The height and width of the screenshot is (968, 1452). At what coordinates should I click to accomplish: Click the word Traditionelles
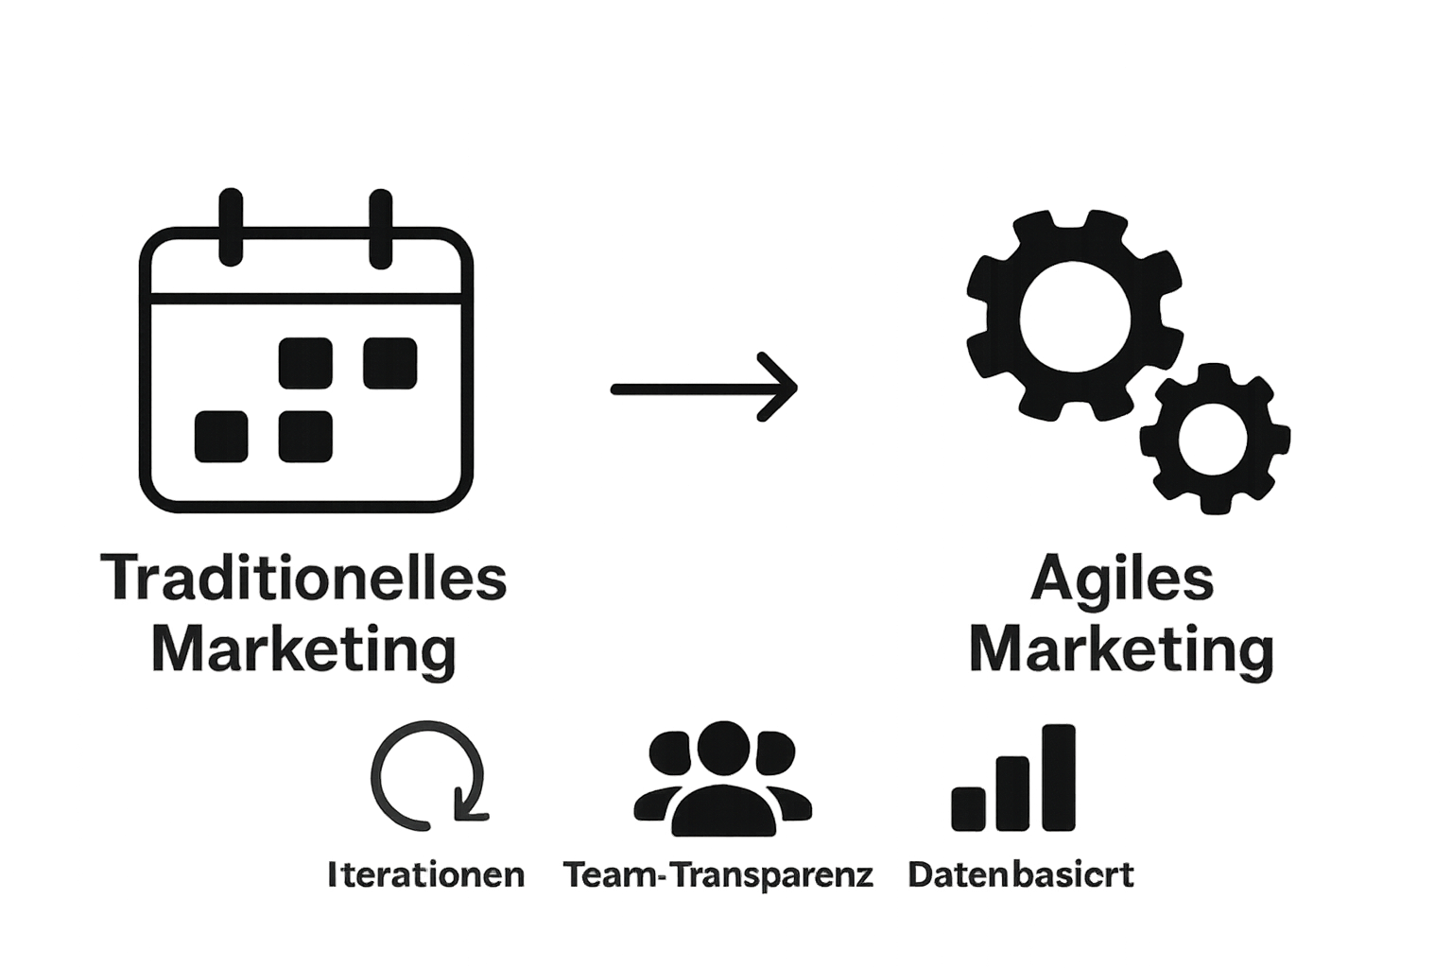coord(303,579)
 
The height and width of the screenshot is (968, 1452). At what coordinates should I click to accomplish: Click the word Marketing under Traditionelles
coord(303,650)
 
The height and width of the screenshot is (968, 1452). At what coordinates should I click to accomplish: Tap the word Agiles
coord(1122,579)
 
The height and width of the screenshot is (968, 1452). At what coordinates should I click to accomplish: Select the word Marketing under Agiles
coord(1122,650)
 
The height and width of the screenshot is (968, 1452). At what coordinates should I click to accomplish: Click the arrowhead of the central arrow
coord(783,388)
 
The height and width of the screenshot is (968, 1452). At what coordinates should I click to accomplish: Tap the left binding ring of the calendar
coord(231,227)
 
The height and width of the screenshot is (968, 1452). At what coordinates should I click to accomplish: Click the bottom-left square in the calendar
coord(221,437)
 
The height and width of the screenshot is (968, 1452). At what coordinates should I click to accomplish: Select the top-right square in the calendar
coord(390,363)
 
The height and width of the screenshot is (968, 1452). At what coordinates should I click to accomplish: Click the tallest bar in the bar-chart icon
coord(1059,777)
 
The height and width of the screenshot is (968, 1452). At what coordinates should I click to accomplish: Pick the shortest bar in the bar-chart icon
coord(968,807)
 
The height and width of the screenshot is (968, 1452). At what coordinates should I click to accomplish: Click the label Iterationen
coord(426,874)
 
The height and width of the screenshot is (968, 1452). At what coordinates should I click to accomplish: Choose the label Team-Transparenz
coord(718,874)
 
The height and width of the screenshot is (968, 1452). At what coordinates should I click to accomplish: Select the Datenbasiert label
coord(1021,874)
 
